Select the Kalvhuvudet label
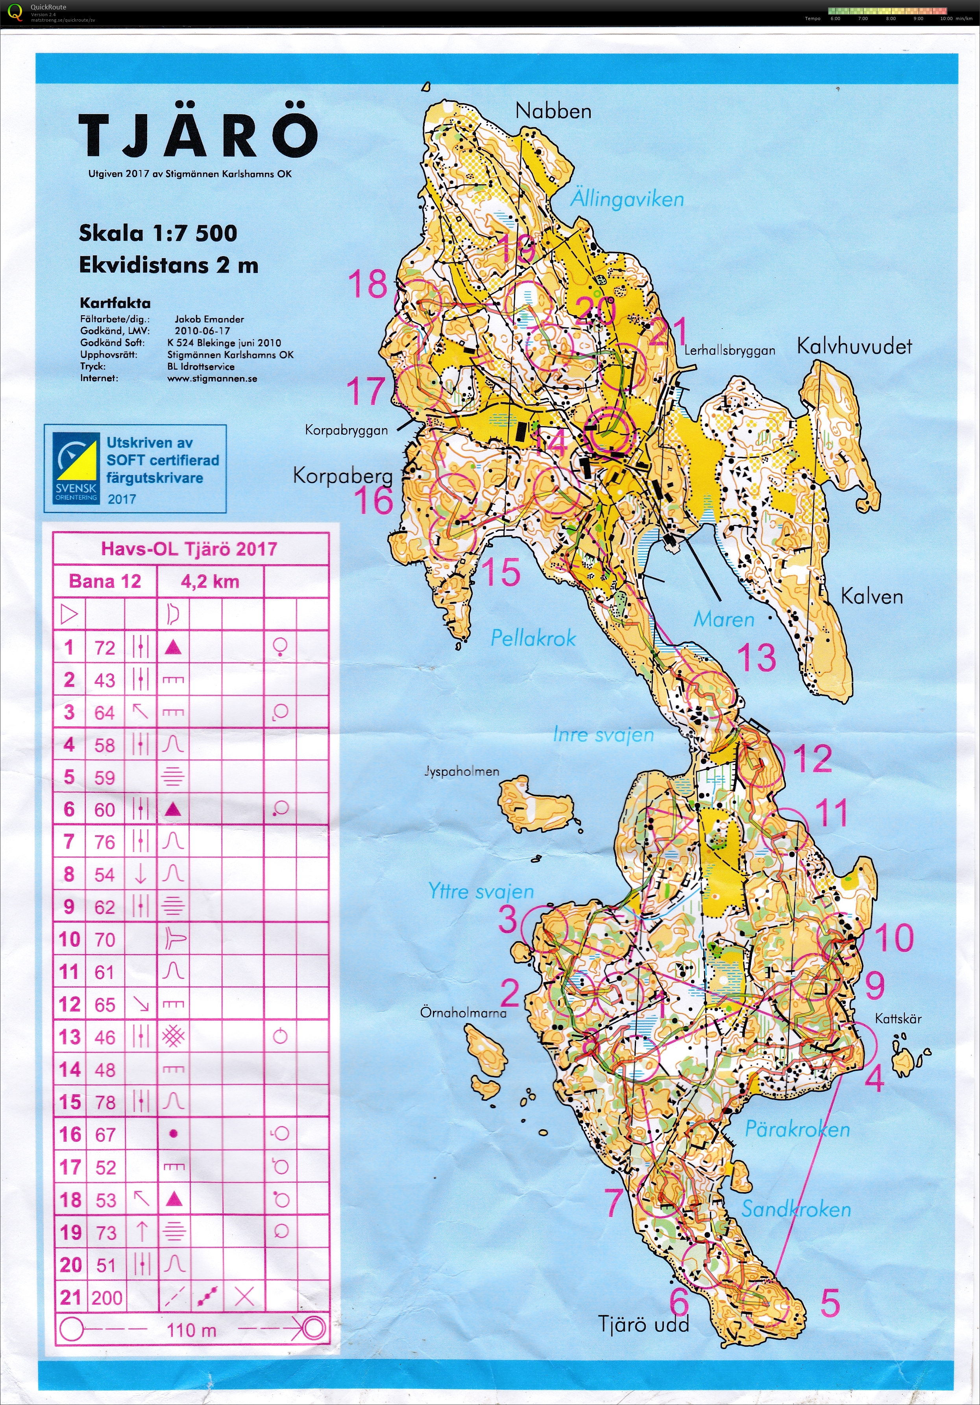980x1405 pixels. click(x=854, y=346)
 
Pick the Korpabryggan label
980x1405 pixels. click(x=346, y=430)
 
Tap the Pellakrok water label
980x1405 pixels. click(x=533, y=638)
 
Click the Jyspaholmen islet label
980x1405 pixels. click(x=462, y=771)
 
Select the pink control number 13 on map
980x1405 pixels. click(x=756, y=657)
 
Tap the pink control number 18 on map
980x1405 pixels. click(x=368, y=284)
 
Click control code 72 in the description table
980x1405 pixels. click(x=105, y=648)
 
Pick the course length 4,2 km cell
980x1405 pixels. click(x=210, y=582)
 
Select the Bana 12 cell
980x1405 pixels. click(x=105, y=582)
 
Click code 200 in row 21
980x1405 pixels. click(x=107, y=1297)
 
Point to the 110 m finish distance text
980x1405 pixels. click(x=192, y=1330)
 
